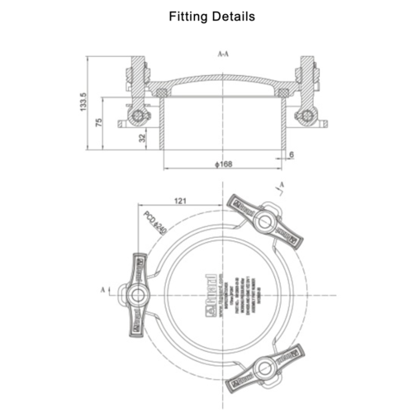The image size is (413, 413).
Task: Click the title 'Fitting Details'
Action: (211, 16)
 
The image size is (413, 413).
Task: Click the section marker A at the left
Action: (102, 290)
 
